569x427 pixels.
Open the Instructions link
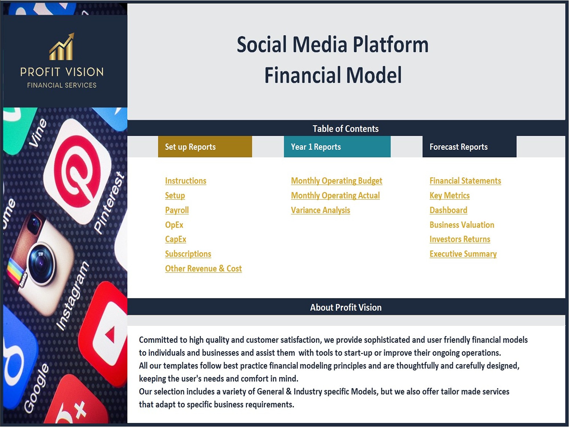[x=185, y=181]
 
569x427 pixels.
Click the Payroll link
[x=177, y=210]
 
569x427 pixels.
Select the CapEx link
[x=176, y=239]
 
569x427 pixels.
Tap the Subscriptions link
[x=188, y=254]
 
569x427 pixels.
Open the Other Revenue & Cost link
[x=203, y=268]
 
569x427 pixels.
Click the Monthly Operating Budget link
[x=337, y=181]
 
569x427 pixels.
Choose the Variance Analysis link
[x=320, y=210]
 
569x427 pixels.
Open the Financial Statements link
[x=465, y=181]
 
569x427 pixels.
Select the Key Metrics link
[x=450, y=196]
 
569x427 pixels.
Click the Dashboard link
[x=448, y=210]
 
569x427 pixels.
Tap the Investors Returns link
[x=460, y=239]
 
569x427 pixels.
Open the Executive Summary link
[x=463, y=254]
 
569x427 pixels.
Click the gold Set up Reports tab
[x=205, y=147]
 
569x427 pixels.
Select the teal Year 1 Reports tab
[x=337, y=147]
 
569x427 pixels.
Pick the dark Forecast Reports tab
[x=469, y=147]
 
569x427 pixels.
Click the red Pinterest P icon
[x=77, y=171]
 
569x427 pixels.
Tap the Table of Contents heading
[x=346, y=129]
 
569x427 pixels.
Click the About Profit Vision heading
[x=346, y=307]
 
